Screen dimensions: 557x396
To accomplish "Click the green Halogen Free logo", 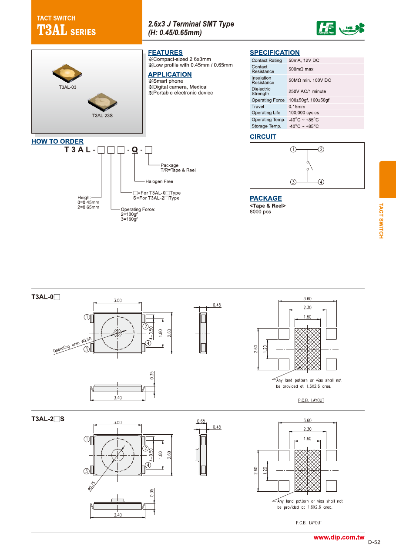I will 326,28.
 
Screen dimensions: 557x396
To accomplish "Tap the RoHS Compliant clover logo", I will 353,29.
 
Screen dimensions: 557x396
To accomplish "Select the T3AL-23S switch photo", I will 102,101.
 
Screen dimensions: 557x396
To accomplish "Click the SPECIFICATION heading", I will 275,53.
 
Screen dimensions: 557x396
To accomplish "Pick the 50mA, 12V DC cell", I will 304,60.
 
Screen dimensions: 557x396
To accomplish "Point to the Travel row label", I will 258,107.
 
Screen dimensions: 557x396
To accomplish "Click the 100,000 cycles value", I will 304,113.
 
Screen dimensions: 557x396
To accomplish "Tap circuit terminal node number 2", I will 321,149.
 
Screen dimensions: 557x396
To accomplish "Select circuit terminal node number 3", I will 293,182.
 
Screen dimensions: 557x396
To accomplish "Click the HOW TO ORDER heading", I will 57,141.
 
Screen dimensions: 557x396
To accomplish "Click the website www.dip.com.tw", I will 339,538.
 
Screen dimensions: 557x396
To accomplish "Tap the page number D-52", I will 374,542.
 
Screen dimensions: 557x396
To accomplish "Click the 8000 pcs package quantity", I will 260,212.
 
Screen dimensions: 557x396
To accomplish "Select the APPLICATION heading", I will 170,74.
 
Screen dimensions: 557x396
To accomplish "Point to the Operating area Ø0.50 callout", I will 72,345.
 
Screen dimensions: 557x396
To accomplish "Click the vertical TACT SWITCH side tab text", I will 381,221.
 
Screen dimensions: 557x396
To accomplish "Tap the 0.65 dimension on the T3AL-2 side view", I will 201,421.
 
